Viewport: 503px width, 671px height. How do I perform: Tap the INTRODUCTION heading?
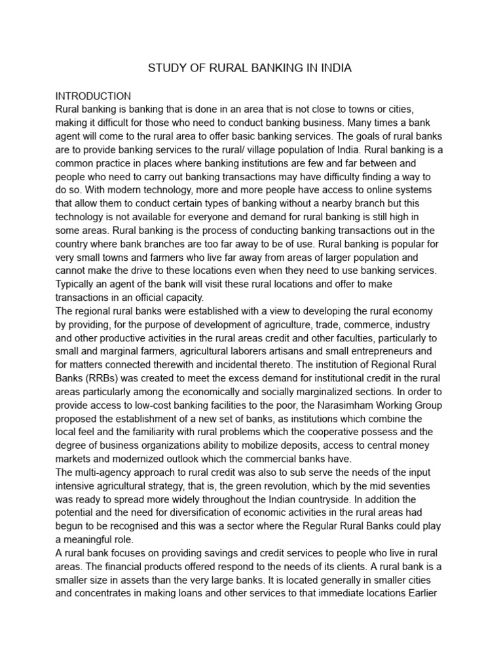93,96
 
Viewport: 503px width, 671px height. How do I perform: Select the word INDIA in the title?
336,68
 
